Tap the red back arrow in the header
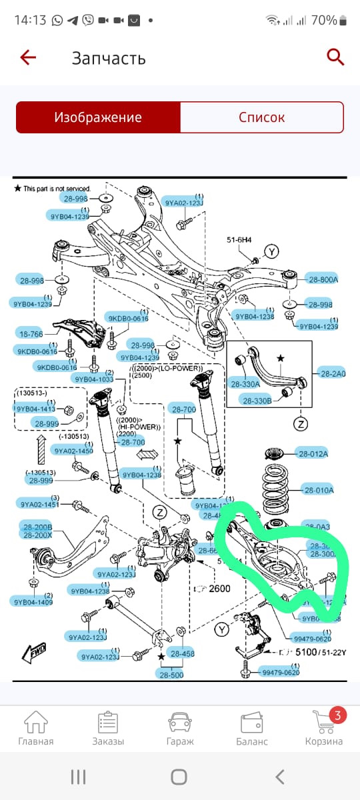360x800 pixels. point(28,57)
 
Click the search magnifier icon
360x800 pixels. point(335,57)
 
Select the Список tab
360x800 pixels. point(261,117)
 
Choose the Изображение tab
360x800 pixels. point(98,117)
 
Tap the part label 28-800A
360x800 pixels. point(323,279)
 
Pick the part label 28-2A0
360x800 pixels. point(332,373)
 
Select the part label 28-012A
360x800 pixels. point(313,454)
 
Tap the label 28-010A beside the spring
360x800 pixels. point(319,491)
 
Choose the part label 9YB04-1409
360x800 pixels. point(32,603)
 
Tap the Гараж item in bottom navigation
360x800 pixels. point(179,728)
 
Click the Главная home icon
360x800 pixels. point(35,728)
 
